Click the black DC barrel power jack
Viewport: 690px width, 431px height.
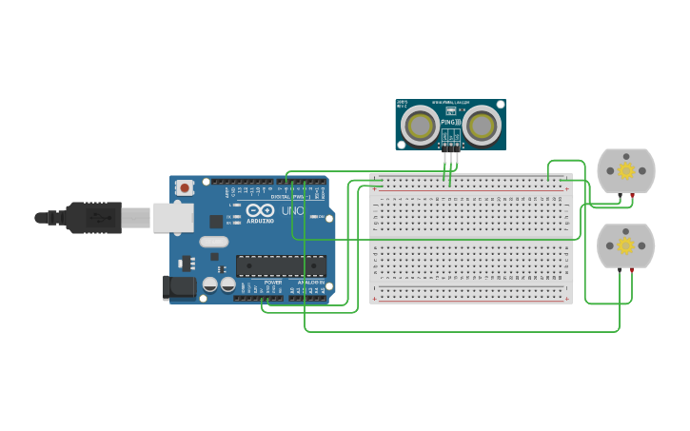point(178,287)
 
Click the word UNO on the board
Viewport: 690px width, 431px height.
point(292,211)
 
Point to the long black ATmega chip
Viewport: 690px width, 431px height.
point(281,265)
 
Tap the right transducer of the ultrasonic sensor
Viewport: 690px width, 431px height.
point(482,126)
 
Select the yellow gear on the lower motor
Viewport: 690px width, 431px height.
point(626,245)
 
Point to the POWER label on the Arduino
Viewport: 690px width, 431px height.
point(273,283)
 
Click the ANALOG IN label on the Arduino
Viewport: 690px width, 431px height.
point(308,283)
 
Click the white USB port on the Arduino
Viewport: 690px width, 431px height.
point(173,218)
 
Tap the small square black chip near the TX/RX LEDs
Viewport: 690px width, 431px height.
point(217,222)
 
